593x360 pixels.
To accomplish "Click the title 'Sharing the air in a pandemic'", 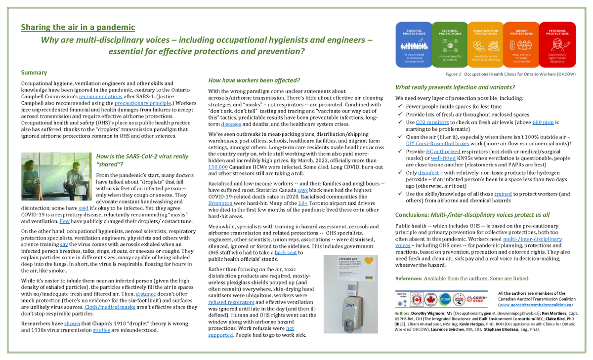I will (78, 27).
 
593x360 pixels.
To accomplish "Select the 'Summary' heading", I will (34, 72).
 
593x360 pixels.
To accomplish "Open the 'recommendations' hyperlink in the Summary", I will (116, 97).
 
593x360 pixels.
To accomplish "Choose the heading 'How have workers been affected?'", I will (254, 80).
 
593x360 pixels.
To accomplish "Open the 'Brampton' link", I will (220, 203).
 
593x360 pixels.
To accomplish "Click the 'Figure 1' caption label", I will (453, 74).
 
